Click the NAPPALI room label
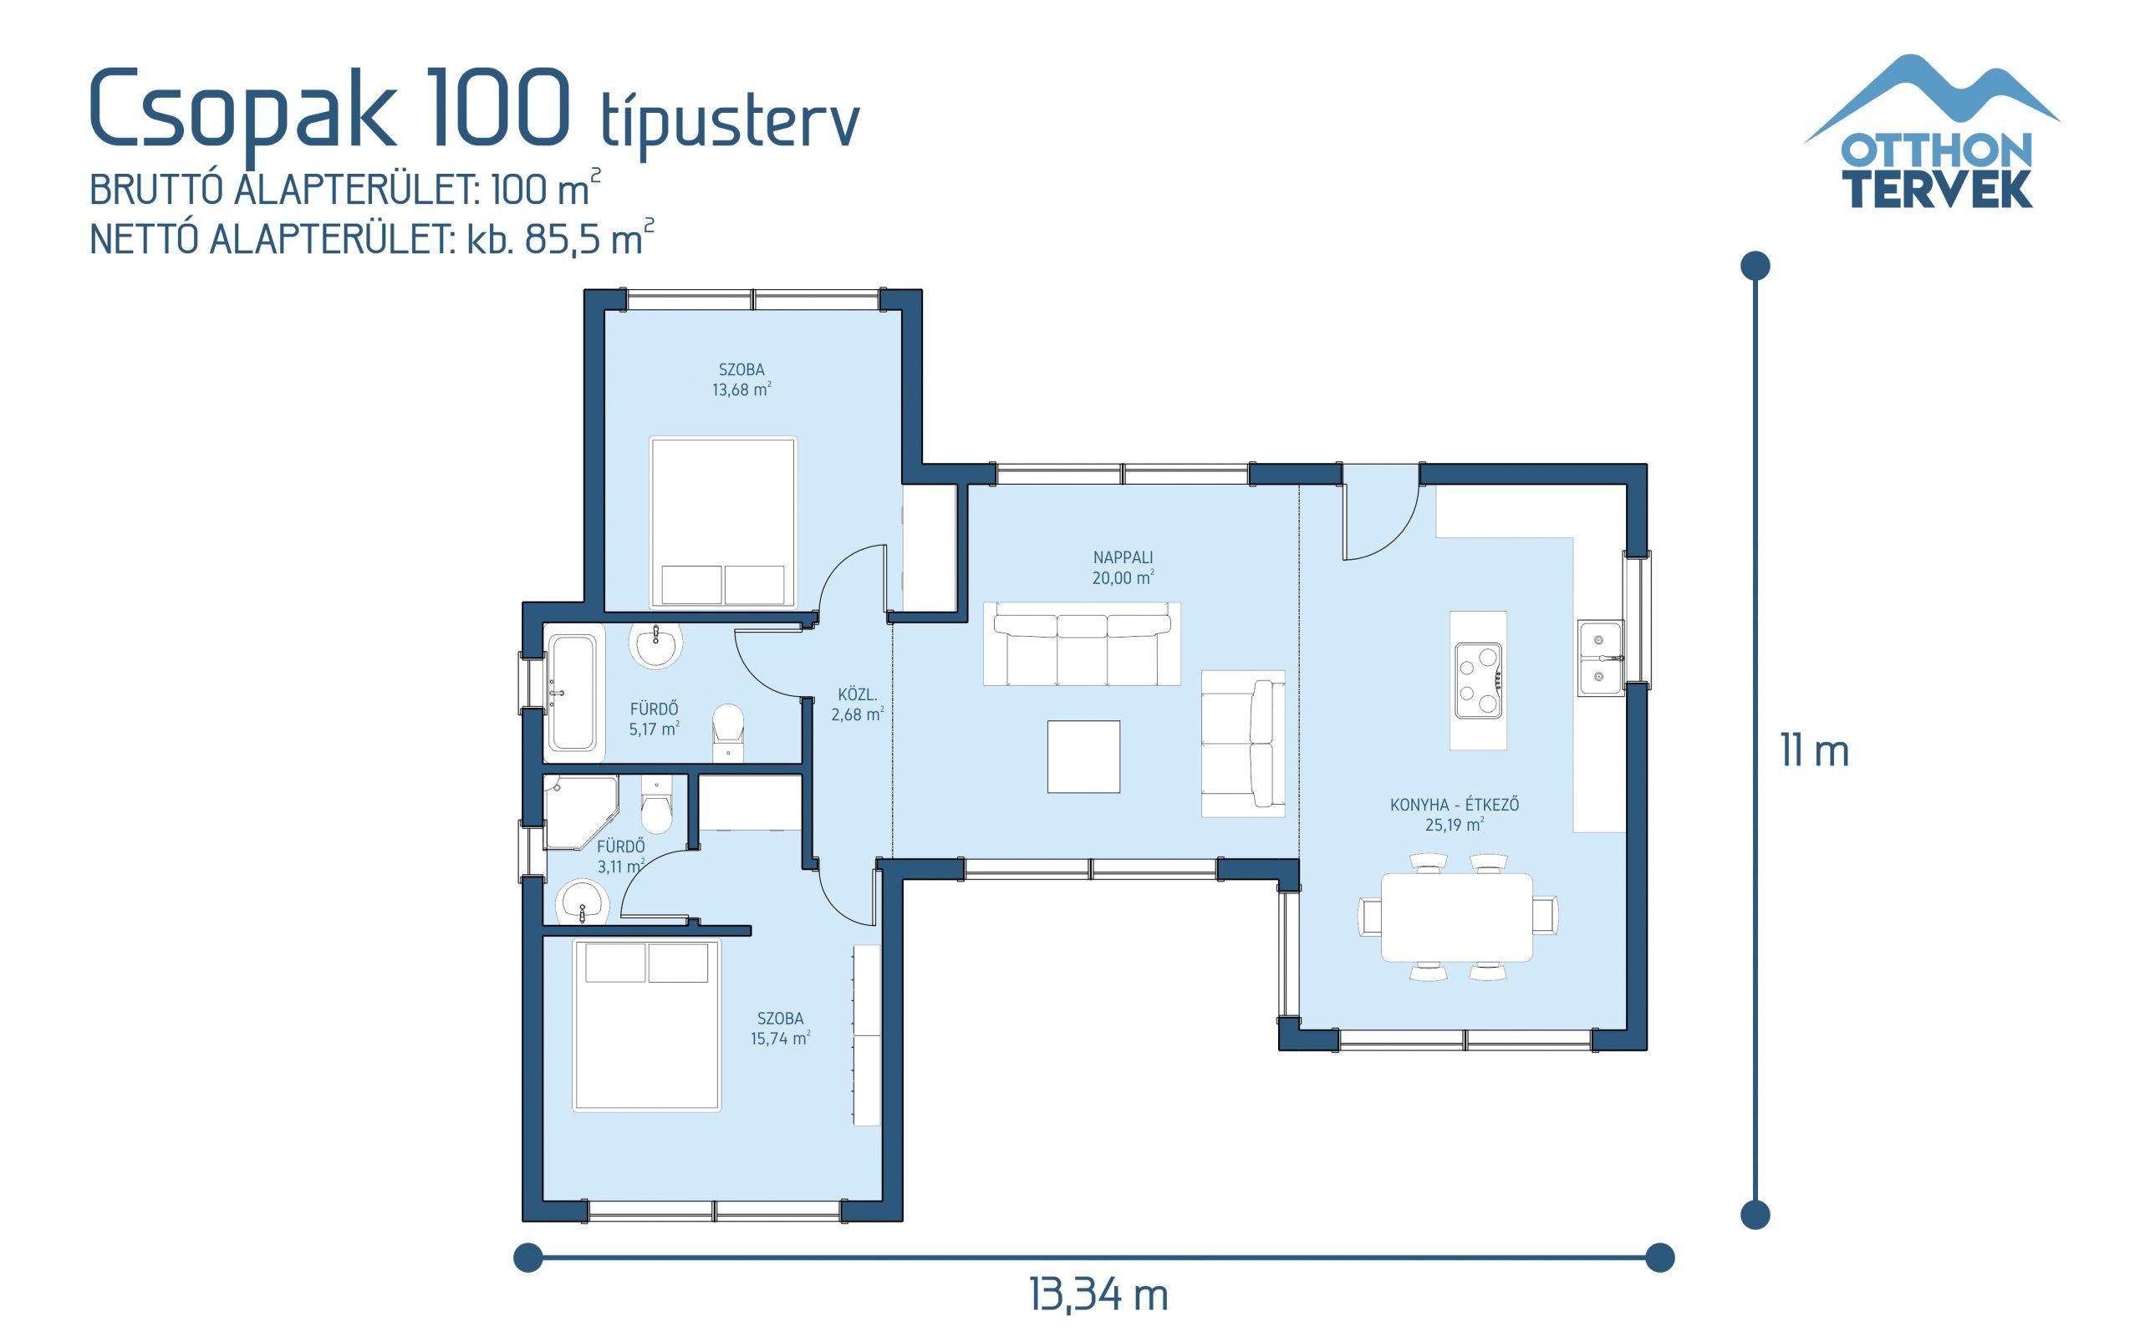(1122, 558)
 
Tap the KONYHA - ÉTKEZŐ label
(1454, 805)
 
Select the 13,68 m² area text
(741, 390)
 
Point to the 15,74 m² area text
(780, 1038)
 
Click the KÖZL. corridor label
(857, 695)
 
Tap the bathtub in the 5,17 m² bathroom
(572, 693)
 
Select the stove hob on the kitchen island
(1478, 680)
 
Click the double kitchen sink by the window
(1600, 658)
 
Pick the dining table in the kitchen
(1456, 917)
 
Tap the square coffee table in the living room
(1083, 757)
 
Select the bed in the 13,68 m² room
(722, 521)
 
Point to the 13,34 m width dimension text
(1098, 1295)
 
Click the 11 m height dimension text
(1814, 751)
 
